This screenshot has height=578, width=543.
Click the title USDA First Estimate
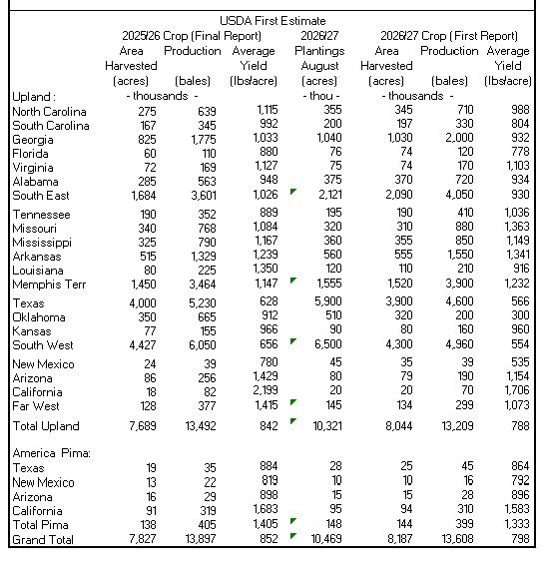coord(272,21)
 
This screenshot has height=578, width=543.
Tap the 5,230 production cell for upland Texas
coord(203,303)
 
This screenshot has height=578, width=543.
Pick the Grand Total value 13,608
coord(457,539)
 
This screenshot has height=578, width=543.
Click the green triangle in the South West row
coord(293,341)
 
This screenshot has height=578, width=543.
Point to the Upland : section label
coord(34,97)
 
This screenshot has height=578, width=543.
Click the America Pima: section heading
coord(51,452)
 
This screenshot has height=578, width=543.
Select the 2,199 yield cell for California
coord(266,390)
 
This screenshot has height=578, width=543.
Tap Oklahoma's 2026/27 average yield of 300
coord(520,315)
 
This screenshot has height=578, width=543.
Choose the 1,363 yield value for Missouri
coord(517,226)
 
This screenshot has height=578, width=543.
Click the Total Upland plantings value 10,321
coord(327,426)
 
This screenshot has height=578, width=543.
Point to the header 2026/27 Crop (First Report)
coord(449,36)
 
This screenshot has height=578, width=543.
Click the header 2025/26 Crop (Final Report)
coord(192,36)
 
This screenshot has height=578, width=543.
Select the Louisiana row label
coord(38,271)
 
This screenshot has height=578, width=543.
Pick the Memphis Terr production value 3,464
coord(204,285)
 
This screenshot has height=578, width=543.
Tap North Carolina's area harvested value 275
coord(147,112)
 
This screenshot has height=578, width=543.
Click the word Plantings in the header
coord(319,51)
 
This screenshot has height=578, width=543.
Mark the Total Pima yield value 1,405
coord(266,523)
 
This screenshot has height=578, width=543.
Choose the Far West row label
coord(36,406)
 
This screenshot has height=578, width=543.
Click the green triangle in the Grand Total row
coord(293,536)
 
